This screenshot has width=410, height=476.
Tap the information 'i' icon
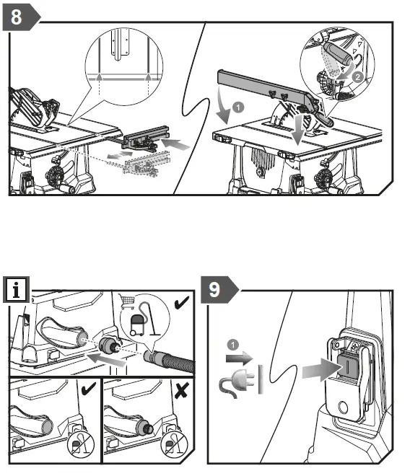(x=16, y=290)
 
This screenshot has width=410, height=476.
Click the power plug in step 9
(x=237, y=382)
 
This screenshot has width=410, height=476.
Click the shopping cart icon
(x=127, y=301)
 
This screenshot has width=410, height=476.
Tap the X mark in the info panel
(x=181, y=390)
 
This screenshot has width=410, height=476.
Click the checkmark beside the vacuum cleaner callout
(x=182, y=302)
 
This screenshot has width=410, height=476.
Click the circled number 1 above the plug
(x=233, y=345)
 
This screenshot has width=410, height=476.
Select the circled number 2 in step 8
(x=358, y=76)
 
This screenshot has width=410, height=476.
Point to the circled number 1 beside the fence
(x=238, y=107)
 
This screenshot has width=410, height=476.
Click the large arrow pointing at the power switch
(x=322, y=370)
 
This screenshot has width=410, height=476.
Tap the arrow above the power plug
(x=240, y=358)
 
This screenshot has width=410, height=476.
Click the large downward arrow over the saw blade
(x=298, y=128)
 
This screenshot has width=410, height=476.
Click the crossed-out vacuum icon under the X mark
(x=174, y=445)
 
